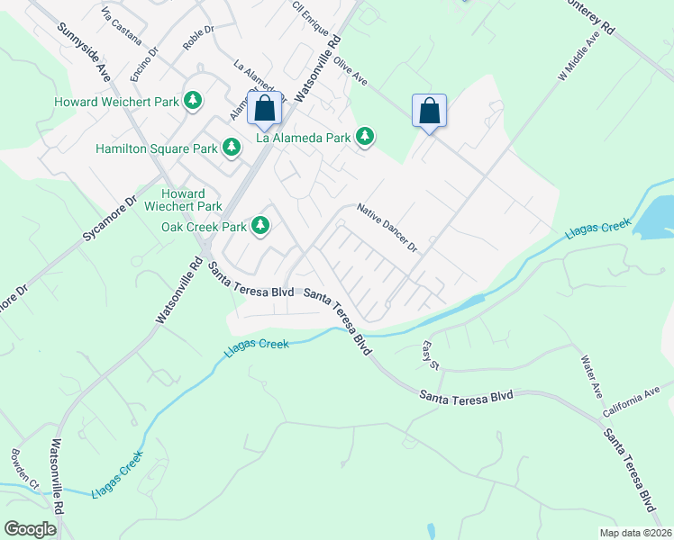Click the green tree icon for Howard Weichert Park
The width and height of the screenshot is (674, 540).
pyautogui.click(x=193, y=101)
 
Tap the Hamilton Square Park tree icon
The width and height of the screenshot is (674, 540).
pyautogui.click(x=232, y=147)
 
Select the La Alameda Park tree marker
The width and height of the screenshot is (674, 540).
pyautogui.click(x=365, y=137)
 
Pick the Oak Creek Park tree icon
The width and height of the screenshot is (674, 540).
pyautogui.click(x=261, y=225)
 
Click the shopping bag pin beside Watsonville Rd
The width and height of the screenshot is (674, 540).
pyautogui.click(x=264, y=110)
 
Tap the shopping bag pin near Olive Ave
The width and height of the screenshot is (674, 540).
pyautogui.click(x=430, y=112)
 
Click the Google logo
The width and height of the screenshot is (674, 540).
pyautogui.click(x=31, y=528)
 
